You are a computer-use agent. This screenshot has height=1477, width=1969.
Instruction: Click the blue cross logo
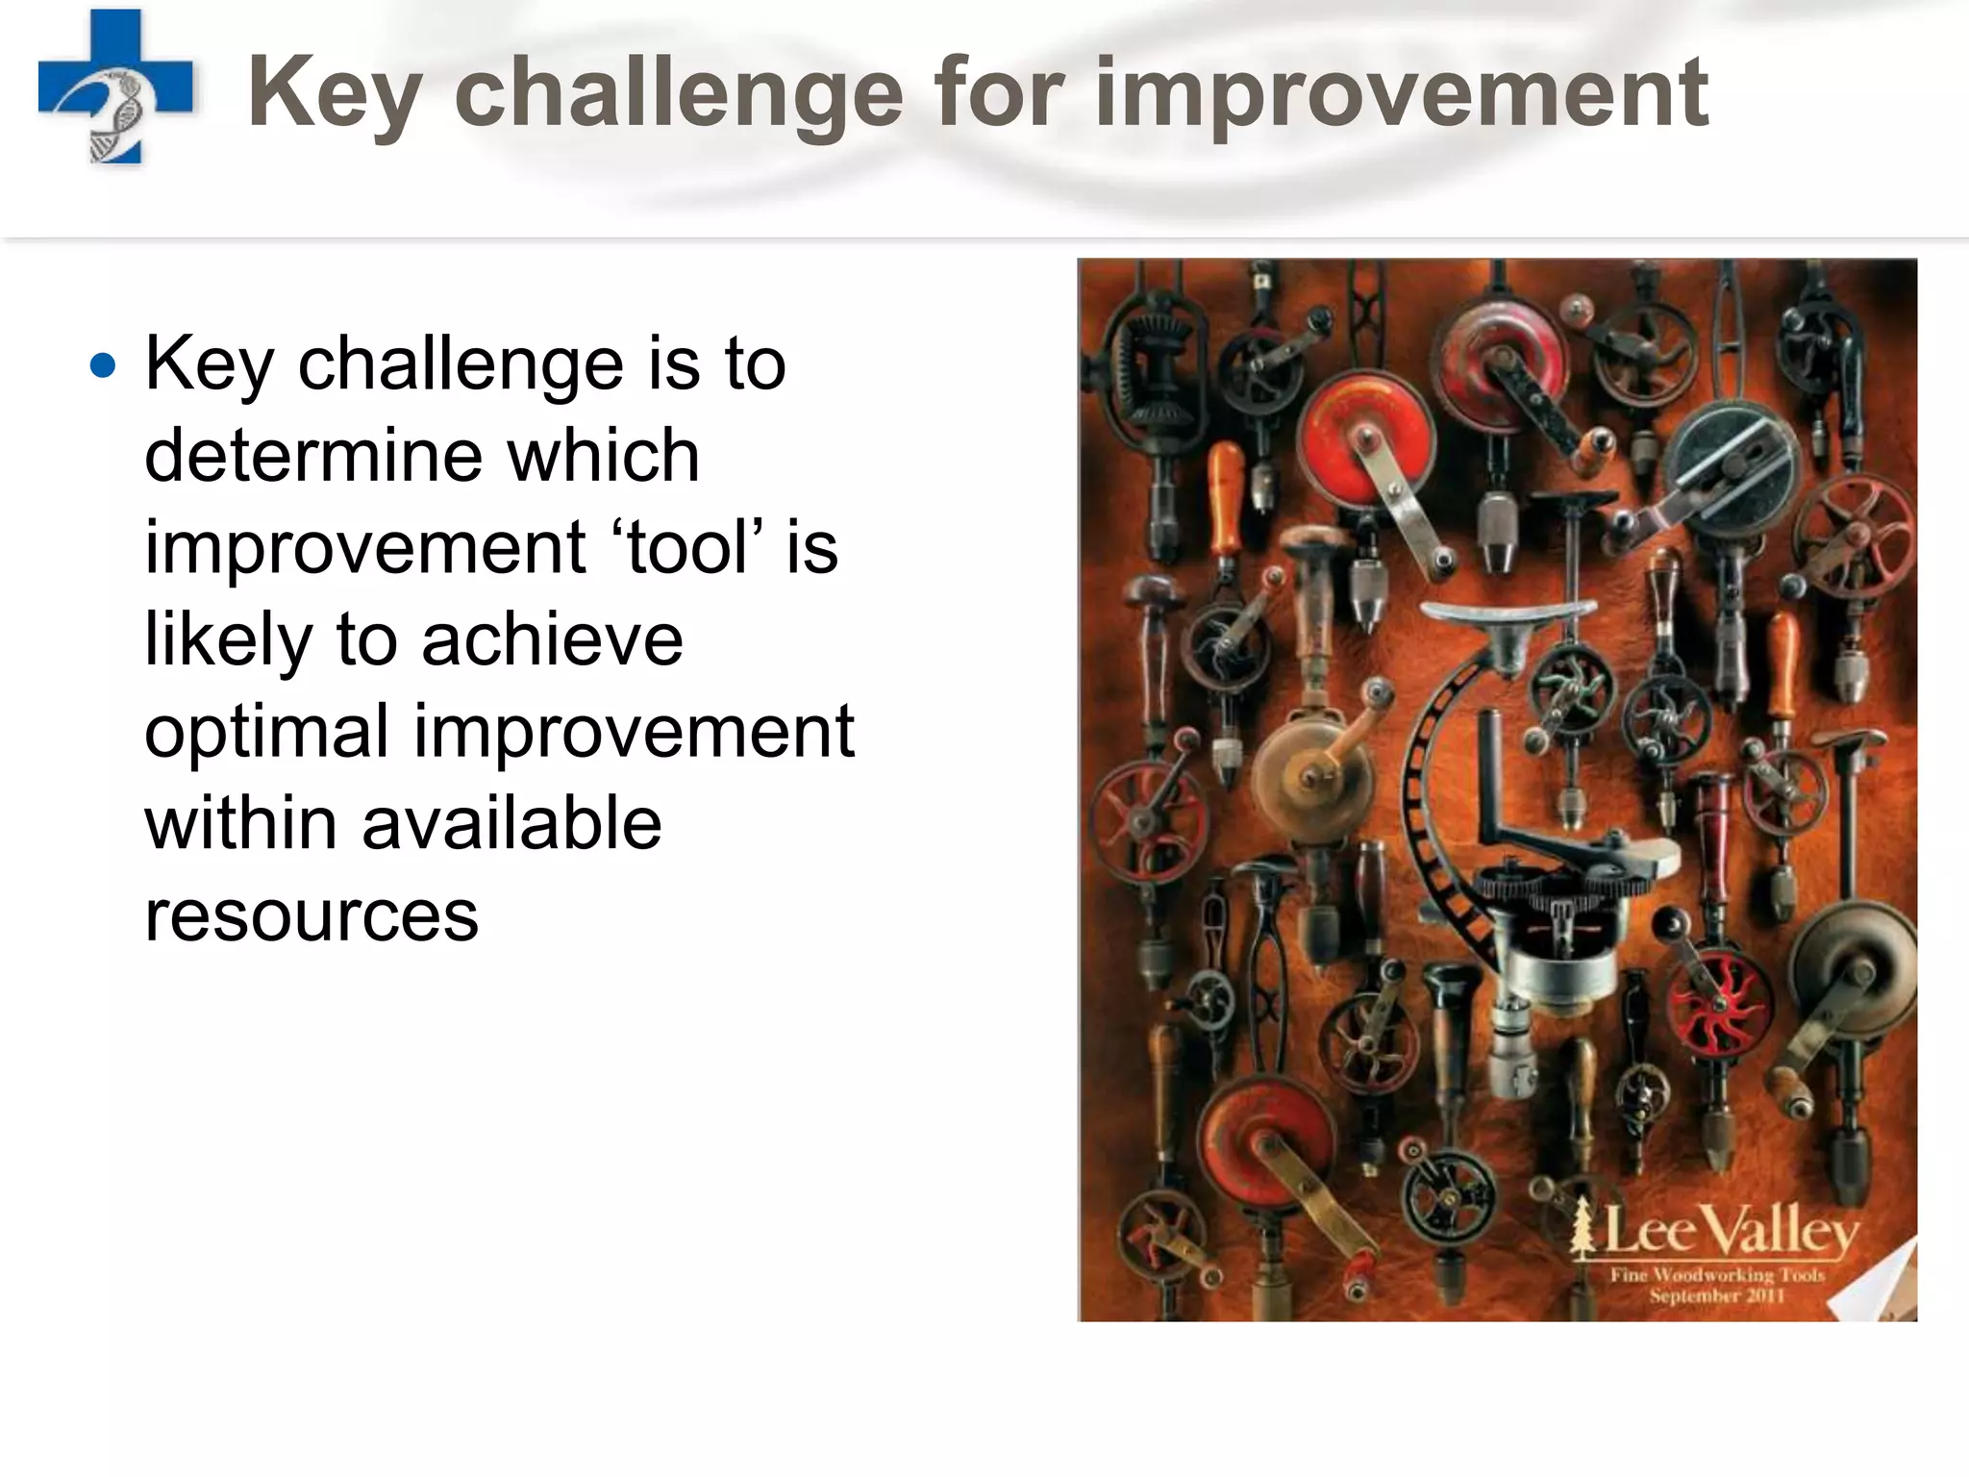pyautogui.click(x=115, y=87)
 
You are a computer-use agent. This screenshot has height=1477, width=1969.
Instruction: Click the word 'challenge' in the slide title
pyautogui.click(x=678, y=93)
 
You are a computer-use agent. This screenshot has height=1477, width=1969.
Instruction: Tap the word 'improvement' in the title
pyautogui.click(x=1401, y=93)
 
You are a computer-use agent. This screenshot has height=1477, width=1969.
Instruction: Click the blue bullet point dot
pyautogui.click(x=102, y=366)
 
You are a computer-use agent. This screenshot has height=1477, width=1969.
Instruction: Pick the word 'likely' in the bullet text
pyautogui.click(x=228, y=640)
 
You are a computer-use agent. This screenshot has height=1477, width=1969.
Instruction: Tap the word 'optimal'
pyautogui.click(x=266, y=732)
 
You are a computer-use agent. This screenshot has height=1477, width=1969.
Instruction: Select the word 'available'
pyautogui.click(x=511, y=824)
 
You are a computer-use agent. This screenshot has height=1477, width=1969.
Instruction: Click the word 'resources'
pyautogui.click(x=312, y=915)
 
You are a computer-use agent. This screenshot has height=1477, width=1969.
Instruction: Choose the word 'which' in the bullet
pyautogui.click(x=603, y=455)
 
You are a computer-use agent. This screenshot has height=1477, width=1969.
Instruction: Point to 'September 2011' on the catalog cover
pyautogui.click(x=1717, y=1295)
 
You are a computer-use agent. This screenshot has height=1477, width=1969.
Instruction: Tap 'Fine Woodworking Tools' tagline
pyautogui.click(x=1717, y=1275)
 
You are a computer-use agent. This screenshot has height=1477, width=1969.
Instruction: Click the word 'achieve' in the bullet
pyautogui.click(x=552, y=640)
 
